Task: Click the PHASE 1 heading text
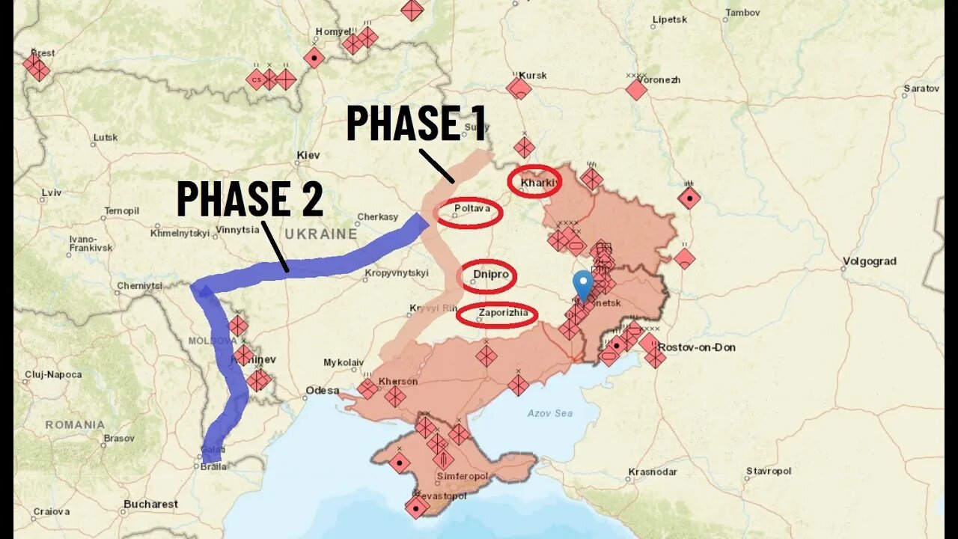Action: tap(416, 124)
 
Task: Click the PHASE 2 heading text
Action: tap(249, 199)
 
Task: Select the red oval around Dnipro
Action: tap(489, 276)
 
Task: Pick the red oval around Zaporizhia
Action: tap(496, 315)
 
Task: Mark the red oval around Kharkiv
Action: tap(534, 182)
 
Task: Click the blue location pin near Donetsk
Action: tap(582, 285)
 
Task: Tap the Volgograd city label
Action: tap(869, 262)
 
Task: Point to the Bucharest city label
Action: tap(151, 505)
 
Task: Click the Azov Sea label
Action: tap(549, 413)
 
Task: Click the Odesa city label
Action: tap(322, 391)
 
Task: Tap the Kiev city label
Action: tap(308, 155)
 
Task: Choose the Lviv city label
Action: tap(51, 193)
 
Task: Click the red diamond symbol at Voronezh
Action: tap(636, 90)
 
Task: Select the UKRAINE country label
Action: tap(320, 234)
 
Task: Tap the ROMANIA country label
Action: tap(75, 425)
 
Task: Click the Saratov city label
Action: tap(921, 88)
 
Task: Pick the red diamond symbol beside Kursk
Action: tap(518, 89)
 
